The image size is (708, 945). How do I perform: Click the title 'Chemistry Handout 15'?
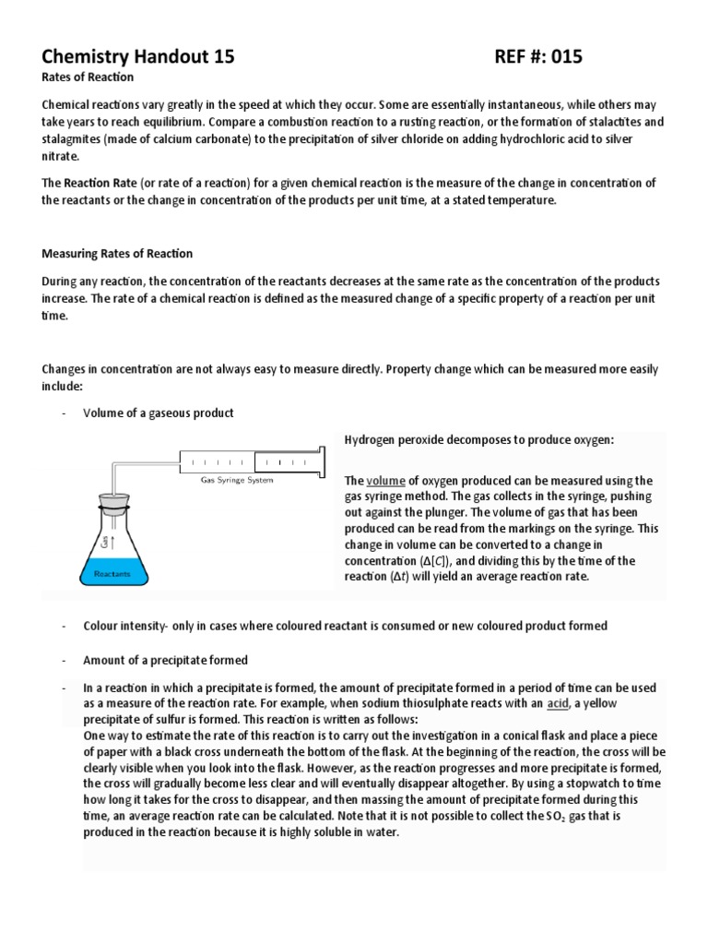(x=138, y=57)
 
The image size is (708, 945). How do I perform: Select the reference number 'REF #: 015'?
(x=539, y=57)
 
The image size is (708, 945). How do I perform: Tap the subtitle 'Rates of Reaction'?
(x=88, y=78)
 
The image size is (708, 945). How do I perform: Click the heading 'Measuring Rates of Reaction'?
(x=117, y=253)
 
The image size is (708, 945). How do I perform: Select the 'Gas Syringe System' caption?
(x=237, y=480)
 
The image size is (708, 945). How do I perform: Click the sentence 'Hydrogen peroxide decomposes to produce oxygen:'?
(x=478, y=439)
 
